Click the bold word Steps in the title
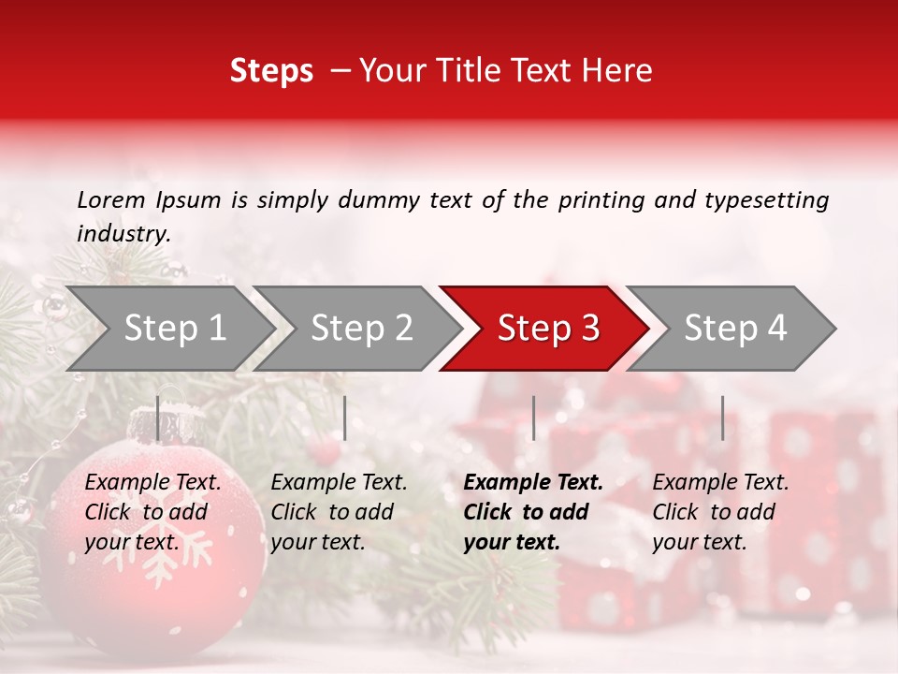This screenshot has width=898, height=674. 271,71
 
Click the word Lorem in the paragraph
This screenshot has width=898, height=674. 110,200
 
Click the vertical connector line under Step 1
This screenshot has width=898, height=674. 157,418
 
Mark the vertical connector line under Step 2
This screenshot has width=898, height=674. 345,418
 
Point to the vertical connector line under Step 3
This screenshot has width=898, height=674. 533,418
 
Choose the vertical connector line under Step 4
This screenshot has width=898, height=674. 722,418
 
